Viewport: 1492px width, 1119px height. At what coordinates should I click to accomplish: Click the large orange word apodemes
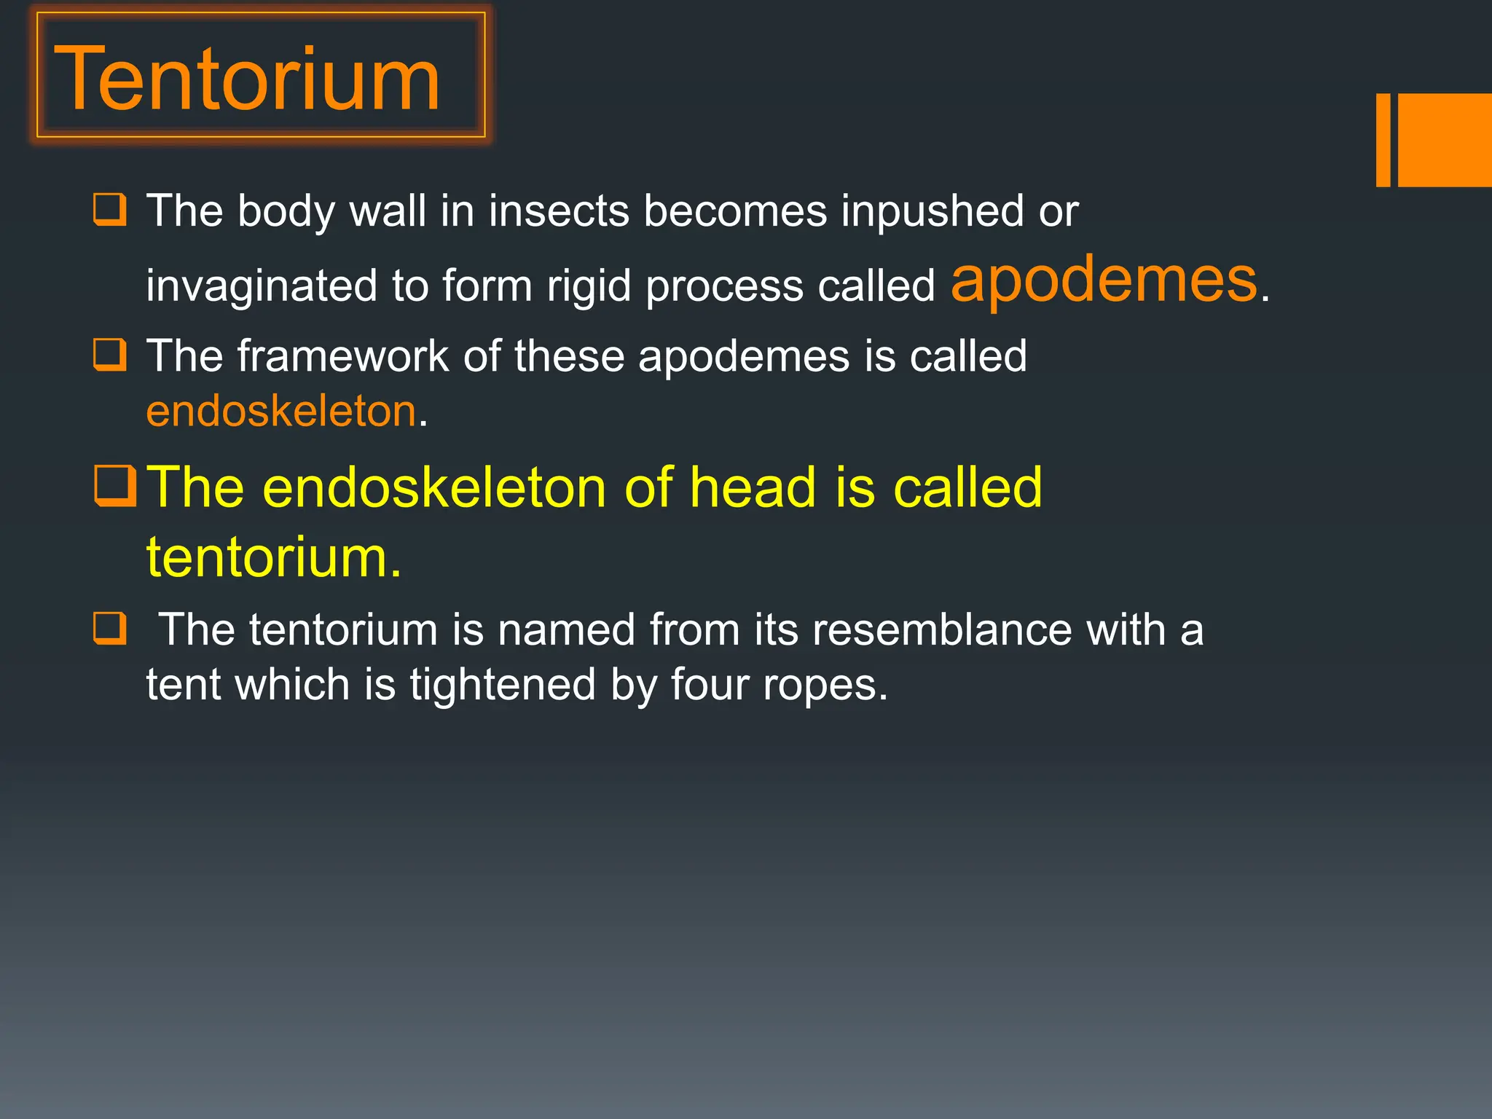[1104, 280]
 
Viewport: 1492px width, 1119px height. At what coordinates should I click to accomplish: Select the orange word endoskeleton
[281, 411]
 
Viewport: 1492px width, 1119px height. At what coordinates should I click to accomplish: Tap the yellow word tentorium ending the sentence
[273, 557]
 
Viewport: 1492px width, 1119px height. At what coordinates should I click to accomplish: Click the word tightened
[503, 685]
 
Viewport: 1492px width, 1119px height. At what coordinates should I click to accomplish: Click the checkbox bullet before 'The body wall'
[110, 210]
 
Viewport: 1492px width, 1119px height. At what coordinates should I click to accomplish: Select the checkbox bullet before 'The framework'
[110, 355]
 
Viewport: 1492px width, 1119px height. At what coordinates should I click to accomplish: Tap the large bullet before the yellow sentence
[115, 486]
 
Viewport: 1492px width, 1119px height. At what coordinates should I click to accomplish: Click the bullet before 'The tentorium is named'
[110, 628]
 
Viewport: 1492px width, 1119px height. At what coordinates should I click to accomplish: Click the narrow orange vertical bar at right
[1383, 140]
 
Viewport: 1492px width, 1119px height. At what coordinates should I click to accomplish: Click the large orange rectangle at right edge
[1445, 140]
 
